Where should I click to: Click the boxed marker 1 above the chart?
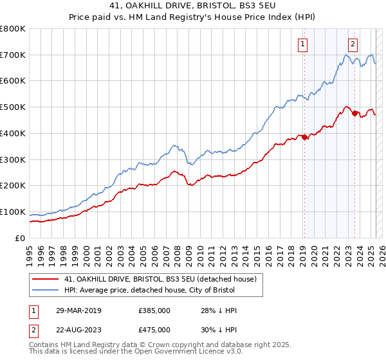(302, 44)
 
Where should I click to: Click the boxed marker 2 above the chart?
(353, 44)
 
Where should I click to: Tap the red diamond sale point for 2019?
(304, 137)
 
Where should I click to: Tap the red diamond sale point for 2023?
(354, 113)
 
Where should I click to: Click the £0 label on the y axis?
(21, 238)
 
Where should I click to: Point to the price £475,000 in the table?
(154, 330)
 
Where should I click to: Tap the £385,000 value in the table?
(154, 310)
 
